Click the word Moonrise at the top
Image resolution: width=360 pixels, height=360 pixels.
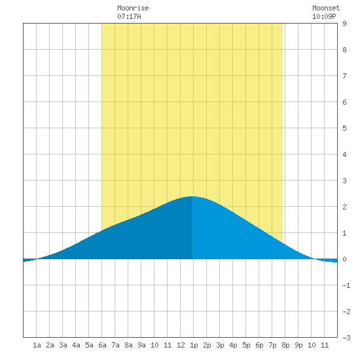click(x=133, y=8)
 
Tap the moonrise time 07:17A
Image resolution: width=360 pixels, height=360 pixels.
click(x=129, y=16)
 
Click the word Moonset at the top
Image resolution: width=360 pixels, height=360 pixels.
click(x=326, y=8)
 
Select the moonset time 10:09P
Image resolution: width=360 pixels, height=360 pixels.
click(x=324, y=16)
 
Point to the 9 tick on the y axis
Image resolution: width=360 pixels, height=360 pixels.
click(x=344, y=24)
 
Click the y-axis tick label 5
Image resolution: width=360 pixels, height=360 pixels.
click(x=344, y=128)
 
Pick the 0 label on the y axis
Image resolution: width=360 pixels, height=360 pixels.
click(x=344, y=259)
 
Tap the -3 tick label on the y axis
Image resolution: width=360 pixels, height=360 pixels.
click(x=346, y=338)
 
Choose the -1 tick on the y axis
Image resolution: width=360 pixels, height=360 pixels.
click(x=346, y=285)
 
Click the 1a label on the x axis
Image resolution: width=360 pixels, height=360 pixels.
click(x=37, y=345)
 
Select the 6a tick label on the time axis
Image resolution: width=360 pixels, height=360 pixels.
click(x=102, y=345)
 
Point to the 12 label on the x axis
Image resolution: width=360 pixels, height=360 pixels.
click(x=181, y=345)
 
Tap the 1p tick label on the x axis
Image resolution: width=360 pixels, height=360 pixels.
click(x=194, y=345)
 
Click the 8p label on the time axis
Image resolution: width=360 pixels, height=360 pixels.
click(x=285, y=345)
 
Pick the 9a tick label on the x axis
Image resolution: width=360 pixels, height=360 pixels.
click(x=141, y=345)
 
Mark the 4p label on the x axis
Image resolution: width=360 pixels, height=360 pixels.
click(x=233, y=345)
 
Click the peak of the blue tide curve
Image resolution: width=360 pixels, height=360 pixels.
click(x=192, y=196)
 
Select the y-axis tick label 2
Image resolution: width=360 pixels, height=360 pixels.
click(x=344, y=207)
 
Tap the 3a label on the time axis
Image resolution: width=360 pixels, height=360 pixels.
click(x=63, y=345)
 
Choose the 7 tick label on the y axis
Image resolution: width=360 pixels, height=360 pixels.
click(x=344, y=76)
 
